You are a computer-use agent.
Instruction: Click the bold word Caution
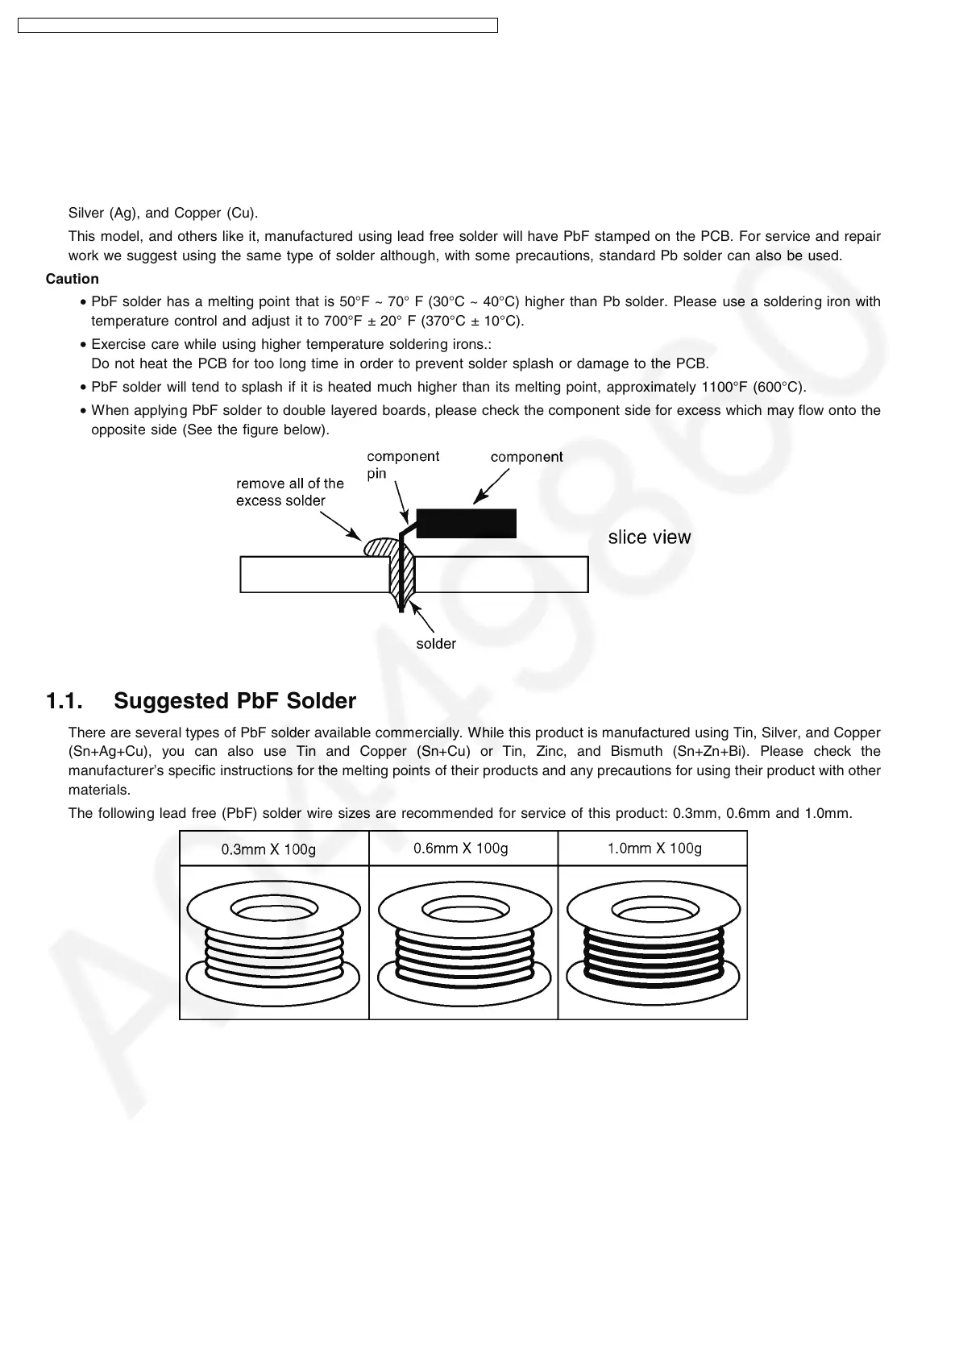point(73,279)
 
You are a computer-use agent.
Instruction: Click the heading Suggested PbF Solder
point(235,701)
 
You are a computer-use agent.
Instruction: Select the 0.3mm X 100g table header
point(268,849)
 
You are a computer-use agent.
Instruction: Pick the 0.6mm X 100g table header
point(460,848)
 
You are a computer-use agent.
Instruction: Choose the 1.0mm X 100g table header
point(654,848)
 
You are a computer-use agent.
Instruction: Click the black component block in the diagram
point(466,523)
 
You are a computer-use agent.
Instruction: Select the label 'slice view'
point(649,537)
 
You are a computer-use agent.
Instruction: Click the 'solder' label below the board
point(436,644)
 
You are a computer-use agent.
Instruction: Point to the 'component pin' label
point(402,465)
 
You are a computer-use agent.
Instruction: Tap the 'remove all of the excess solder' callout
point(289,492)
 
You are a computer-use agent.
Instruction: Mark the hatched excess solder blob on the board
point(379,547)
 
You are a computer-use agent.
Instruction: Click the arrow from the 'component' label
point(491,488)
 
